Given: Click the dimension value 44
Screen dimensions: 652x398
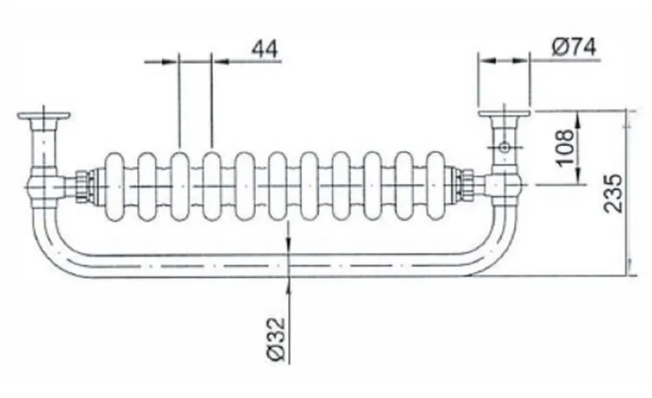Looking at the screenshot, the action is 265,49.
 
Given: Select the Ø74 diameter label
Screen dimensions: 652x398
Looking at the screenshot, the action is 573,47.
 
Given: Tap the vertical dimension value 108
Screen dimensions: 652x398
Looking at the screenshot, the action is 565,147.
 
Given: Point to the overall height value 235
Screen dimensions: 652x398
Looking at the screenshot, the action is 613,193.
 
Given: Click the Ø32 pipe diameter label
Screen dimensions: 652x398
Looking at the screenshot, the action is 276,339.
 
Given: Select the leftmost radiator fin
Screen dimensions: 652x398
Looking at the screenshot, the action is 114,186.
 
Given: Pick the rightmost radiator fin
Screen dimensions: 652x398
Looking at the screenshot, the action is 436,186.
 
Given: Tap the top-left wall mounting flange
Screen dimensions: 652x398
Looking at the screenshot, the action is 43,116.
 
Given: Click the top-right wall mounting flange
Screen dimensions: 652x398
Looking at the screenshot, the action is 504,113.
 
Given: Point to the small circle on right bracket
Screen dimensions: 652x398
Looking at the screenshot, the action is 505,147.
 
